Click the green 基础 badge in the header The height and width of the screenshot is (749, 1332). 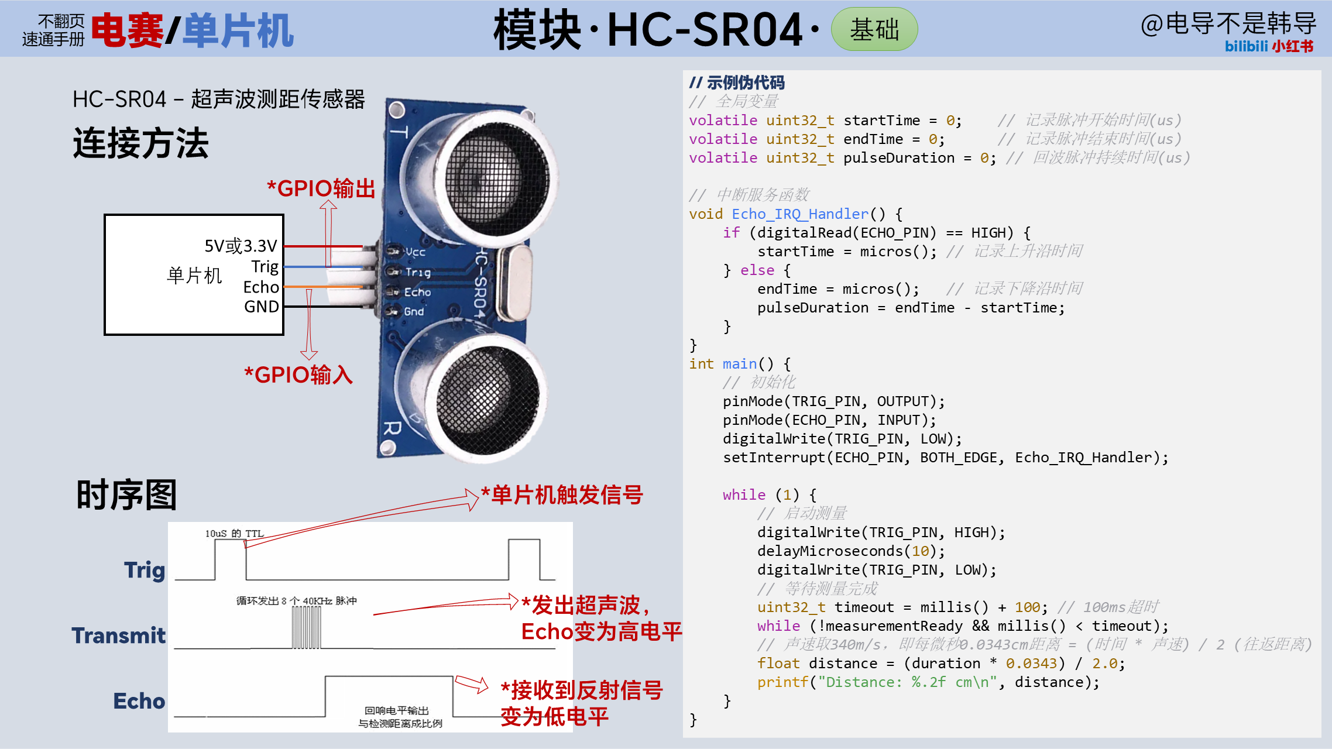pyautogui.click(x=874, y=29)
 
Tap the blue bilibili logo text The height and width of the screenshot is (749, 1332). pyautogui.click(x=1246, y=46)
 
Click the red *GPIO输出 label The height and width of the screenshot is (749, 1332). pyautogui.click(x=321, y=188)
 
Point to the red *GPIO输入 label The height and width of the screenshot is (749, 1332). pyautogui.click(x=298, y=374)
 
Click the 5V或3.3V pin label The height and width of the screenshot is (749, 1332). pyautogui.click(x=241, y=246)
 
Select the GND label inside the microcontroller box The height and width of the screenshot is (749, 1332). pyautogui.click(x=262, y=307)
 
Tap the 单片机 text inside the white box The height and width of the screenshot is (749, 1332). pyautogui.click(x=194, y=275)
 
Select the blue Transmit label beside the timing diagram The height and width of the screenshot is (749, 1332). pyautogui.click(x=119, y=635)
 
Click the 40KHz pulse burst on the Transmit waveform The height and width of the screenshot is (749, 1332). pyautogui.click(x=306, y=627)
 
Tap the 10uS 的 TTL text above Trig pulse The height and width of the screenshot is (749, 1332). pyautogui.click(x=234, y=534)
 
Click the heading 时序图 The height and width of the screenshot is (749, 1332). pyautogui.click(x=126, y=495)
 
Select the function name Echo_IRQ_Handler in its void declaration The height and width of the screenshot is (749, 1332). pyautogui.click(x=800, y=214)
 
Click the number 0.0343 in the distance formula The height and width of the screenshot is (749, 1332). pyautogui.click(x=1031, y=664)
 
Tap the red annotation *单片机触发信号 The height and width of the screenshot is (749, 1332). pyautogui.click(x=562, y=495)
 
